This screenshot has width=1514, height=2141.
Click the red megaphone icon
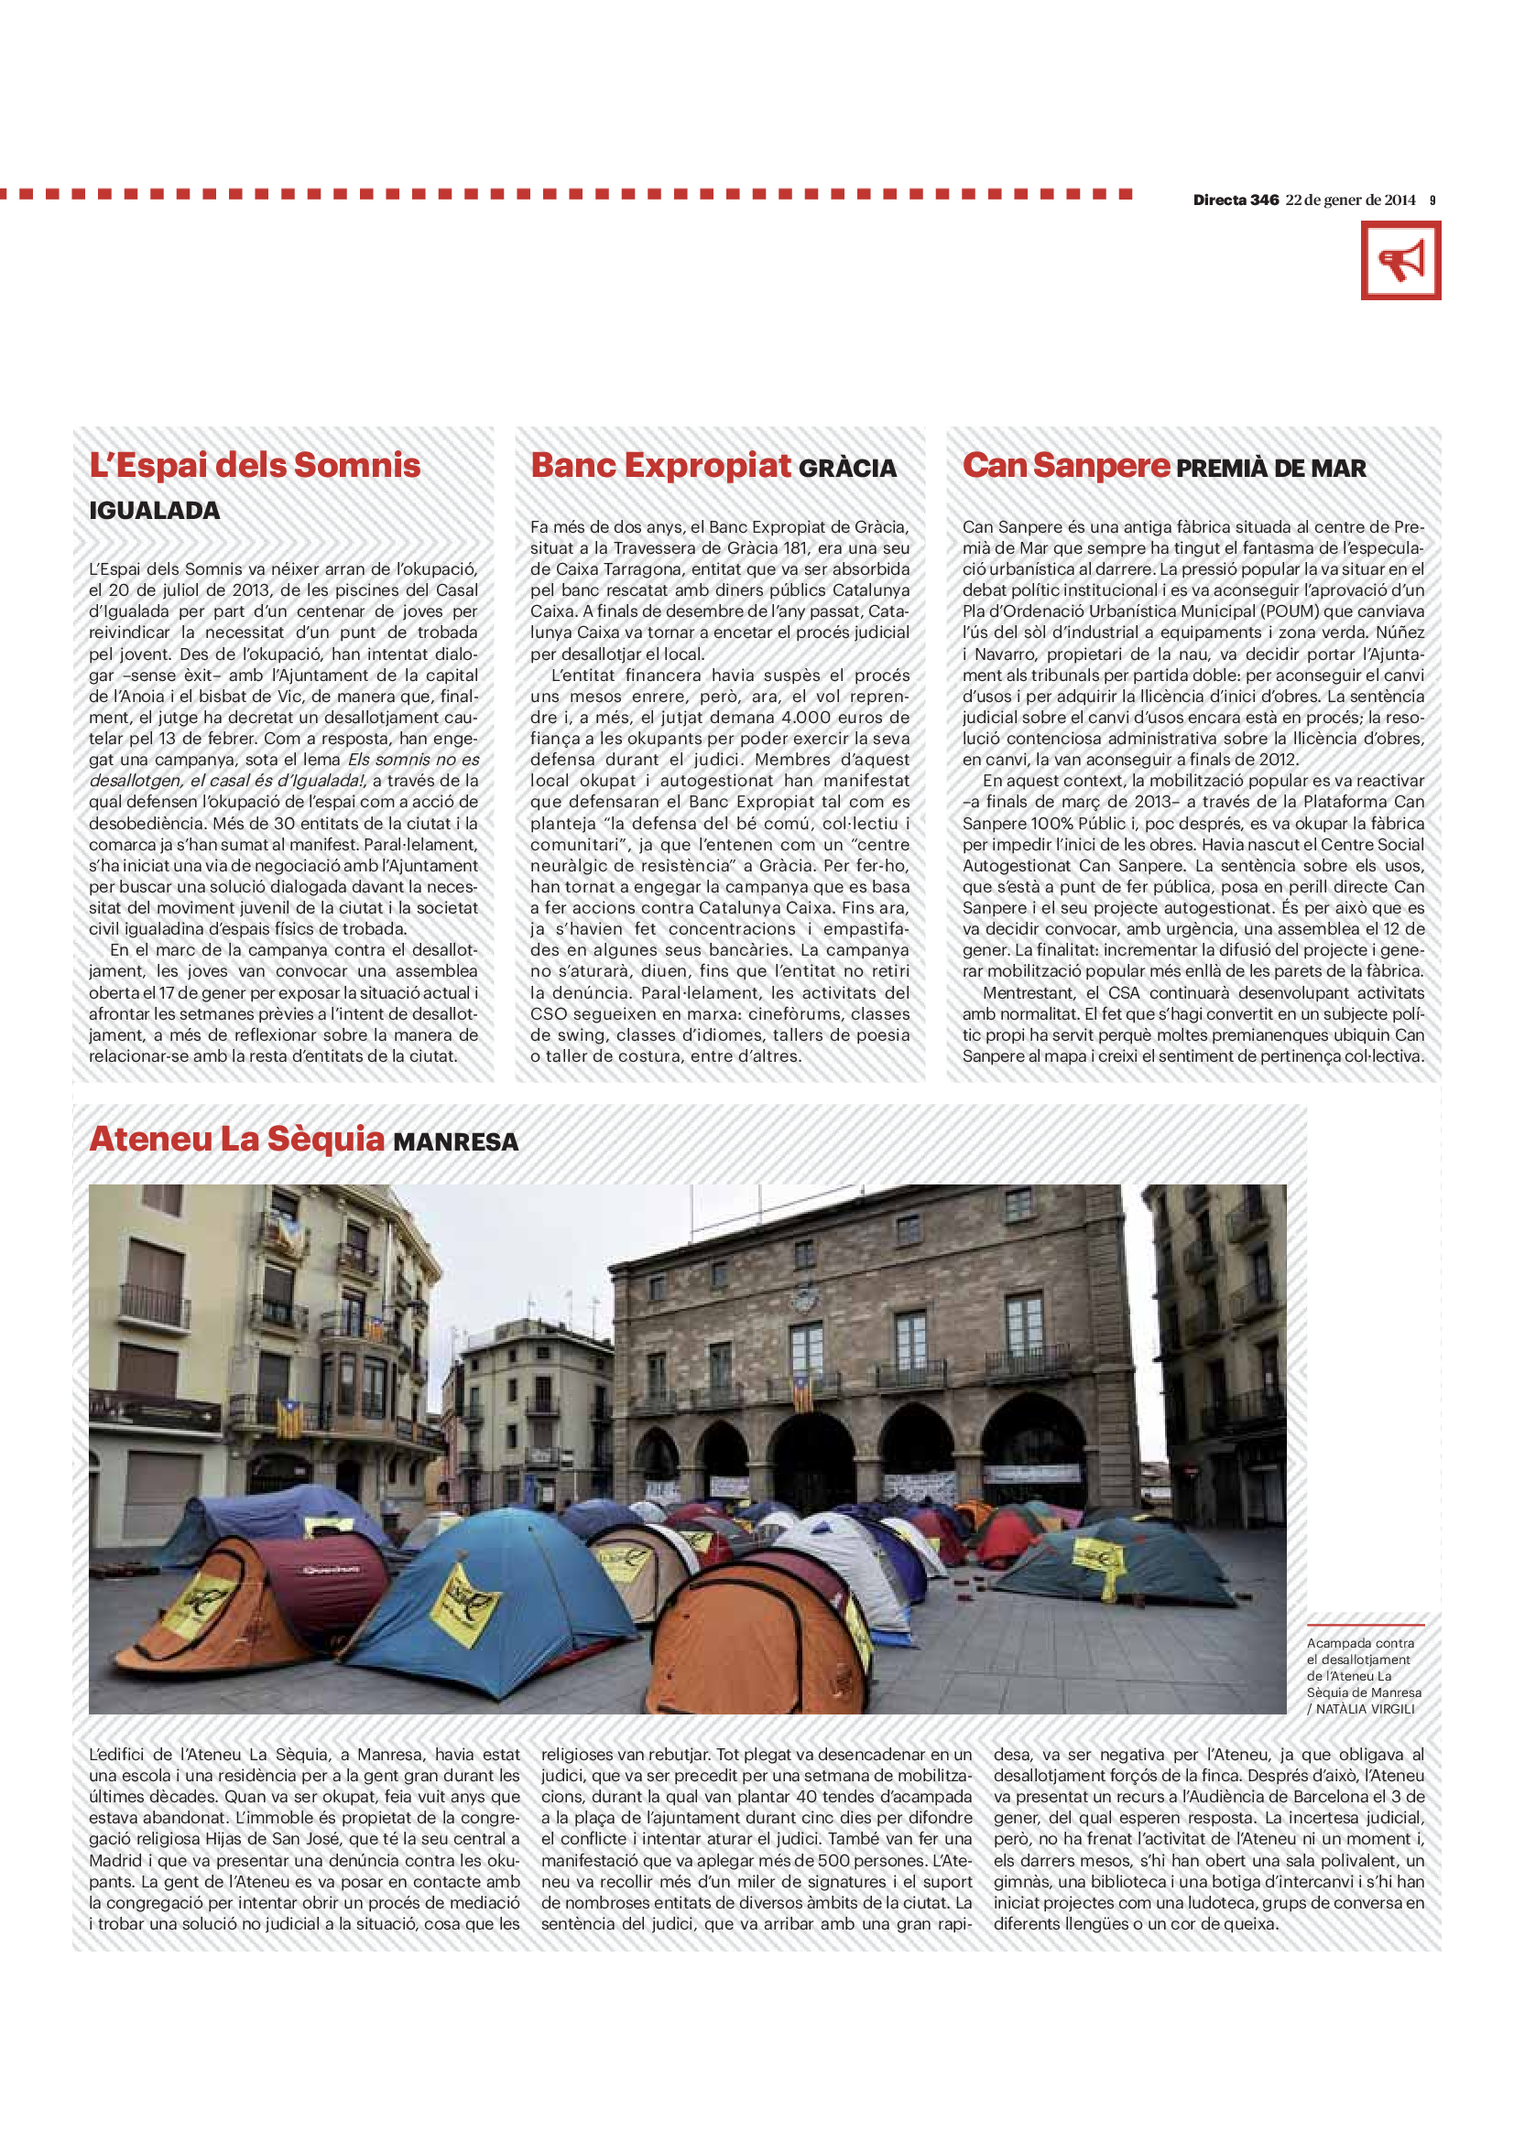tap(1400, 260)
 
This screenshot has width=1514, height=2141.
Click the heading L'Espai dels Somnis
tap(255, 465)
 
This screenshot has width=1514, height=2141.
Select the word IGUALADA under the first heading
tap(155, 511)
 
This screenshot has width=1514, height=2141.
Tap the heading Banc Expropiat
tap(660, 465)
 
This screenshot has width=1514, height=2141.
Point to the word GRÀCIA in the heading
tap(847, 468)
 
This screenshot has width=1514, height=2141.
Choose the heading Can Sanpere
tap(1065, 465)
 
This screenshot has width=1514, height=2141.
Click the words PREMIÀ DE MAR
tap(1271, 468)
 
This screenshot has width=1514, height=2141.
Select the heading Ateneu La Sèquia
tap(237, 1140)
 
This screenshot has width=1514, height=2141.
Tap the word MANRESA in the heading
tap(455, 1142)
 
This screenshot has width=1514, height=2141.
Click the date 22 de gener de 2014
tap(1350, 200)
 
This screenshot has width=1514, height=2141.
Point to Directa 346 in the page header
tap(1235, 200)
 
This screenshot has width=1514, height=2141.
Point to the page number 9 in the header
tap(1432, 200)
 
